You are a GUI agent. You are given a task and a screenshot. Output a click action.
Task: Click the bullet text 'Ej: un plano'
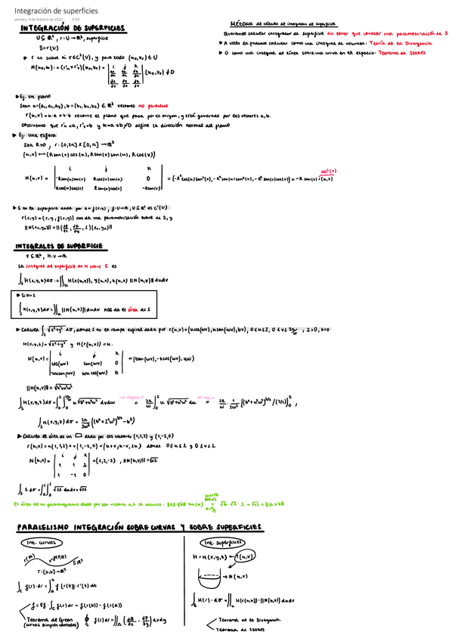[36, 98]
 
